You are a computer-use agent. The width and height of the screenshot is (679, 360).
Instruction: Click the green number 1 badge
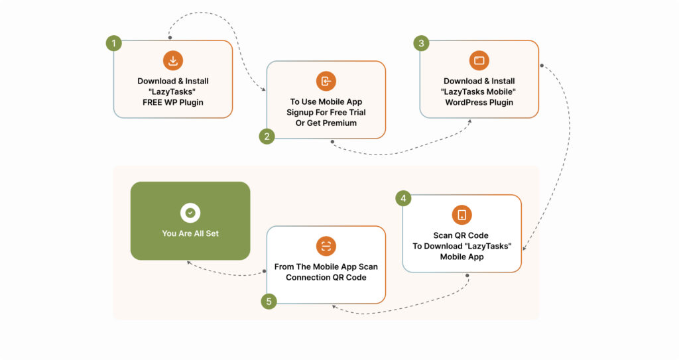click(114, 44)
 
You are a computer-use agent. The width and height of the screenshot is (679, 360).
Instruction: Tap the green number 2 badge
click(267, 137)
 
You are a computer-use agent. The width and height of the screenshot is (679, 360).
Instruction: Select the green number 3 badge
click(420, 44)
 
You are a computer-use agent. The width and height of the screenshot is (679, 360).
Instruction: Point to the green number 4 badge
click(403, 198)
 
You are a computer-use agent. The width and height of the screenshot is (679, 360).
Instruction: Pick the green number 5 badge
click(268, 301)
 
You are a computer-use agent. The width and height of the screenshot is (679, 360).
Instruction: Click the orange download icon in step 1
click(173, 61)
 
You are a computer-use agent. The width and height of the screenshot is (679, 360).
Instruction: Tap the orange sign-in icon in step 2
click(326, 82)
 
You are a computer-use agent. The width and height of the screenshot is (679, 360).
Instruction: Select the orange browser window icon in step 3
click(479, 61)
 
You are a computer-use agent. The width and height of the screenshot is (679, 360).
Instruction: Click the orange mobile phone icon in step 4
click(462, 215)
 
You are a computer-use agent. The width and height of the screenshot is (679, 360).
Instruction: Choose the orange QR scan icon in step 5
click(326, 246)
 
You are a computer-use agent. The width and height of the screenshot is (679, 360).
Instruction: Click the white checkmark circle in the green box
click(190, 213)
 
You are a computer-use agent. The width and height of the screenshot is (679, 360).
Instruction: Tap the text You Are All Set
click(190, 233)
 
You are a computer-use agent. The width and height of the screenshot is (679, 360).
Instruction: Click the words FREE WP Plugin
click(173, 102)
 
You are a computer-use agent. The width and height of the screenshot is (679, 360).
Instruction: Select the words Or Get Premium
click(326, 123)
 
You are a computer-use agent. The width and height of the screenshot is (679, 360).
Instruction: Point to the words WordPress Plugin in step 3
click(479, 102)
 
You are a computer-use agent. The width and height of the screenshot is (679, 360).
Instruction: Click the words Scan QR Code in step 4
click(462, 235)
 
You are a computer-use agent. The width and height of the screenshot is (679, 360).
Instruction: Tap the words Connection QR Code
click(326, 277)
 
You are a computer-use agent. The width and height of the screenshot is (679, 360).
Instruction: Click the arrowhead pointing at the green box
click(188, 262)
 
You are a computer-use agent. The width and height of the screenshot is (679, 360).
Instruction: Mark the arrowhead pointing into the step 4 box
click(525, 249)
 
